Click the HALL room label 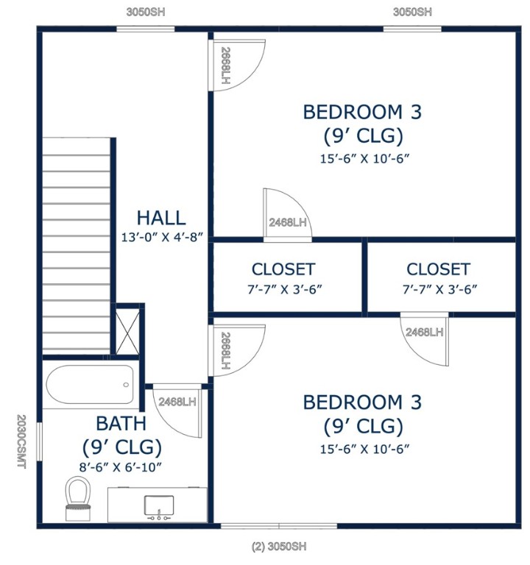coord(160,218)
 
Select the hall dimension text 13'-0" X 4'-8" coord(161,238)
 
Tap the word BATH coord(121,424)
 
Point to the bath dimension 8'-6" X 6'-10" coord(121,466)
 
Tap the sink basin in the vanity coord(158,505)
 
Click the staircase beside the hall coord(77,245)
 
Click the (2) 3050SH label coord(278,547)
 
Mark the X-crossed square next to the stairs coord(127,331)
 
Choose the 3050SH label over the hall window coord(145,12)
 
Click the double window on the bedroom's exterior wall coord(278,525)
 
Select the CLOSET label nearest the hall coord(283,269)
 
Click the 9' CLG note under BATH coord(121,447)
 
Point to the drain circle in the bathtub coord(127,385)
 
